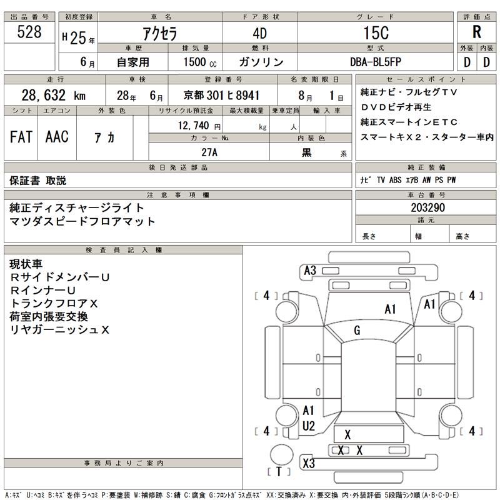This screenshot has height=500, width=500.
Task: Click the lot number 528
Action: (x=30, y=32)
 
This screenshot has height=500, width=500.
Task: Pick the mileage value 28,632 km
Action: (x=53, y=96)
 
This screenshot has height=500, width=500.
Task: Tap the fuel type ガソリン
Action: (x=261, y=62)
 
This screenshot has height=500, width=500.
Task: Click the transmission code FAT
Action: (x=21, y=136)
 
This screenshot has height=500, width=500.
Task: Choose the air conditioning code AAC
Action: (x=57, y=136)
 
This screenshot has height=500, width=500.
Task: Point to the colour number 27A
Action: (x=209, y=152)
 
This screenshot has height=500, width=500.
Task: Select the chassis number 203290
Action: (x=427, y=207)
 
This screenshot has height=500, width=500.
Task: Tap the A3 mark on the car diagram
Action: (x=309, y=271)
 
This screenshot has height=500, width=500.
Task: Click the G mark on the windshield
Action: (x=357, y=330)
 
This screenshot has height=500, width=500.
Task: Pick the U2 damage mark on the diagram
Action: (x=308, y=426)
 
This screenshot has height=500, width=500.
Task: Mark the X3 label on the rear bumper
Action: (x=308, y=464)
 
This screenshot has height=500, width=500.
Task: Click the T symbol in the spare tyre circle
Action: (x=279, y=471)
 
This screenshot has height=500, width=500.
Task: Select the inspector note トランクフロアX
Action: (x=55, y=303)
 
